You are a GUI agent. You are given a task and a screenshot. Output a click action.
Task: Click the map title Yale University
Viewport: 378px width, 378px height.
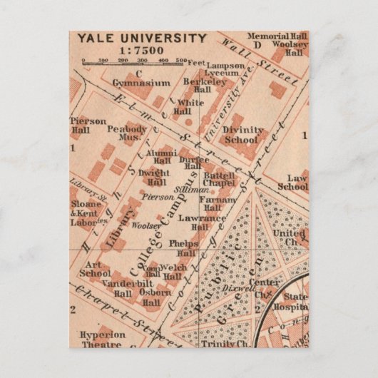[142, 38]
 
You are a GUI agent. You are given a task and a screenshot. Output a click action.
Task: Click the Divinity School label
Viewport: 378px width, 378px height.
[240, 136]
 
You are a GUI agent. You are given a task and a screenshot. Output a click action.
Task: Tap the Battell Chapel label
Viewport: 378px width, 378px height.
[218, 179]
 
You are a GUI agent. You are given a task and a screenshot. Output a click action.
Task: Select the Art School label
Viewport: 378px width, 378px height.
[96, 269]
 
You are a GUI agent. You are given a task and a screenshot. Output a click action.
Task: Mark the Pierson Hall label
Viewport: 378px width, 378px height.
[88, 126]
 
